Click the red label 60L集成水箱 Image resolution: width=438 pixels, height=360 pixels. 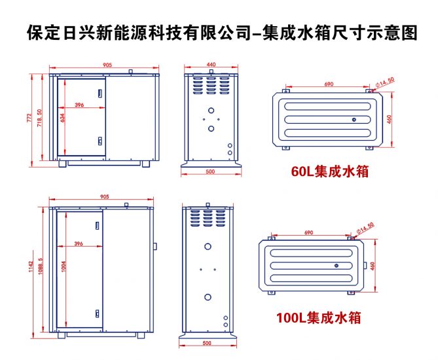330,171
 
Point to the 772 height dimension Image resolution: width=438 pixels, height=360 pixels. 29,117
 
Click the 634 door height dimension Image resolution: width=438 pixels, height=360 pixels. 63,118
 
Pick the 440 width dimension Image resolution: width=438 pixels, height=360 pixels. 211,65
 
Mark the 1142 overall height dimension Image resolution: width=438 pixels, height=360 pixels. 29,269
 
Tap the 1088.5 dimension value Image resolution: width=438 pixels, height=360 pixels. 41,269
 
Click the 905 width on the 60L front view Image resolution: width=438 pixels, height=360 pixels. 107,65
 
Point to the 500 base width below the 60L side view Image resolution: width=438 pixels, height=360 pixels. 210,172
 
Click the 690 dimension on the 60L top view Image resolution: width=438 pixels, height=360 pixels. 329,84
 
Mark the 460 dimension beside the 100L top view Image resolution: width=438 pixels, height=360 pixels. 373,266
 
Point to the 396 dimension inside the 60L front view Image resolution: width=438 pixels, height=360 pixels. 79,105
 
